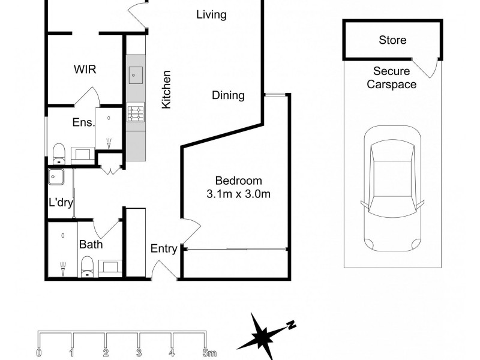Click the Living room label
(x=211, y=15)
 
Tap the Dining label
(x=228, y=95)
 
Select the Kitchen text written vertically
(x=167, y=90)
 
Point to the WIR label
(x=85, y=69)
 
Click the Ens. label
(x=84, y=123)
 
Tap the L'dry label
(x=61, y=203)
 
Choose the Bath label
(x=91, y=245)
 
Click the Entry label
(x=163, y=249)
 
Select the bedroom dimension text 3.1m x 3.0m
(x=239, y=194)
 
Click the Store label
(x=392, y=41)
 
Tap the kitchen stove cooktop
(x=135, y=113)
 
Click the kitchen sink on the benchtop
(x=135, y=76)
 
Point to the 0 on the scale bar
(x=39, y=352)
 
